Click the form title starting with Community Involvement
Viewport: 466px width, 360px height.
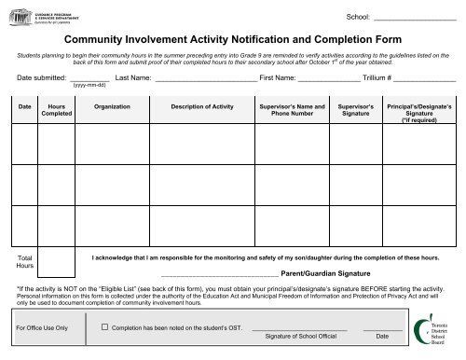click(x=232, y=42)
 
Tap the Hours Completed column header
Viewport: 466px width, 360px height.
click(x=56, y=112)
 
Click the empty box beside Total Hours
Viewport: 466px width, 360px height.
click(x=57, y=262)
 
